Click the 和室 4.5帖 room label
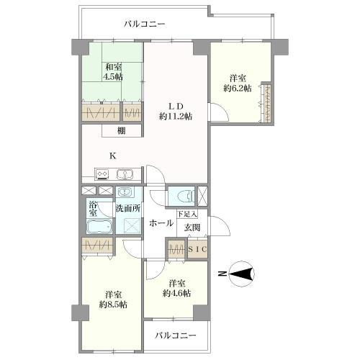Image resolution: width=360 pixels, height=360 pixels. point(113,71)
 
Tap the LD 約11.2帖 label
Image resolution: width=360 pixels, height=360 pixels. point(176,112)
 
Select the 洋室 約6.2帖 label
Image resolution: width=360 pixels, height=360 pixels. point(238,84)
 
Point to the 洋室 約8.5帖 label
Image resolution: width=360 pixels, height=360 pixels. point(113,300)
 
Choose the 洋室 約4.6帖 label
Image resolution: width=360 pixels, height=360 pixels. point(177,288)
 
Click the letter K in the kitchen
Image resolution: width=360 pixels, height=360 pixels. point(113,156)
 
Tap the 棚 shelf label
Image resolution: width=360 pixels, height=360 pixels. point(122,131)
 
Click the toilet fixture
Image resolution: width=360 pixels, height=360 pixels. point(185,197)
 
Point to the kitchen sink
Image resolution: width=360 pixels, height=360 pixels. point(125,174)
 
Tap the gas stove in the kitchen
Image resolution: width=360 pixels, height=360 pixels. point(102,174)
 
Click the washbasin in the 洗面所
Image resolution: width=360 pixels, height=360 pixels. point(125,192)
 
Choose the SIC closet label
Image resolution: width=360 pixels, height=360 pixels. point(197,249)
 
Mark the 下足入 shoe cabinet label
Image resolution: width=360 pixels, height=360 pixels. point(187,214)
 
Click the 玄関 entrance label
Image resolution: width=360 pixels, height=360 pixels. point(192,228)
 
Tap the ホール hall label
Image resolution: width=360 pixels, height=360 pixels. point(161,223)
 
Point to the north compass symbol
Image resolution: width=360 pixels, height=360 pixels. point(241,274)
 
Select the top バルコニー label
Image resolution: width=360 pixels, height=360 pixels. point(145,24)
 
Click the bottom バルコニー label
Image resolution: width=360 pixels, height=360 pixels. point(176,336)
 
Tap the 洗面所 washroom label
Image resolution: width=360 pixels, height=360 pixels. point(128,208)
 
